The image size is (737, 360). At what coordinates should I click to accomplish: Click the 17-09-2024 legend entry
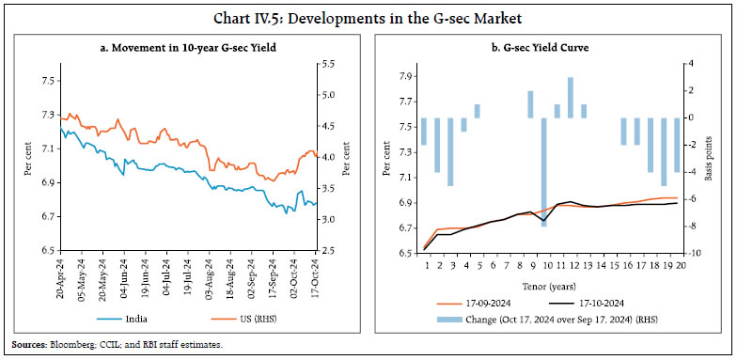tap(489, 305)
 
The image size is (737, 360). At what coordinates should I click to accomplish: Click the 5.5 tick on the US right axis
tap(327, 64)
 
